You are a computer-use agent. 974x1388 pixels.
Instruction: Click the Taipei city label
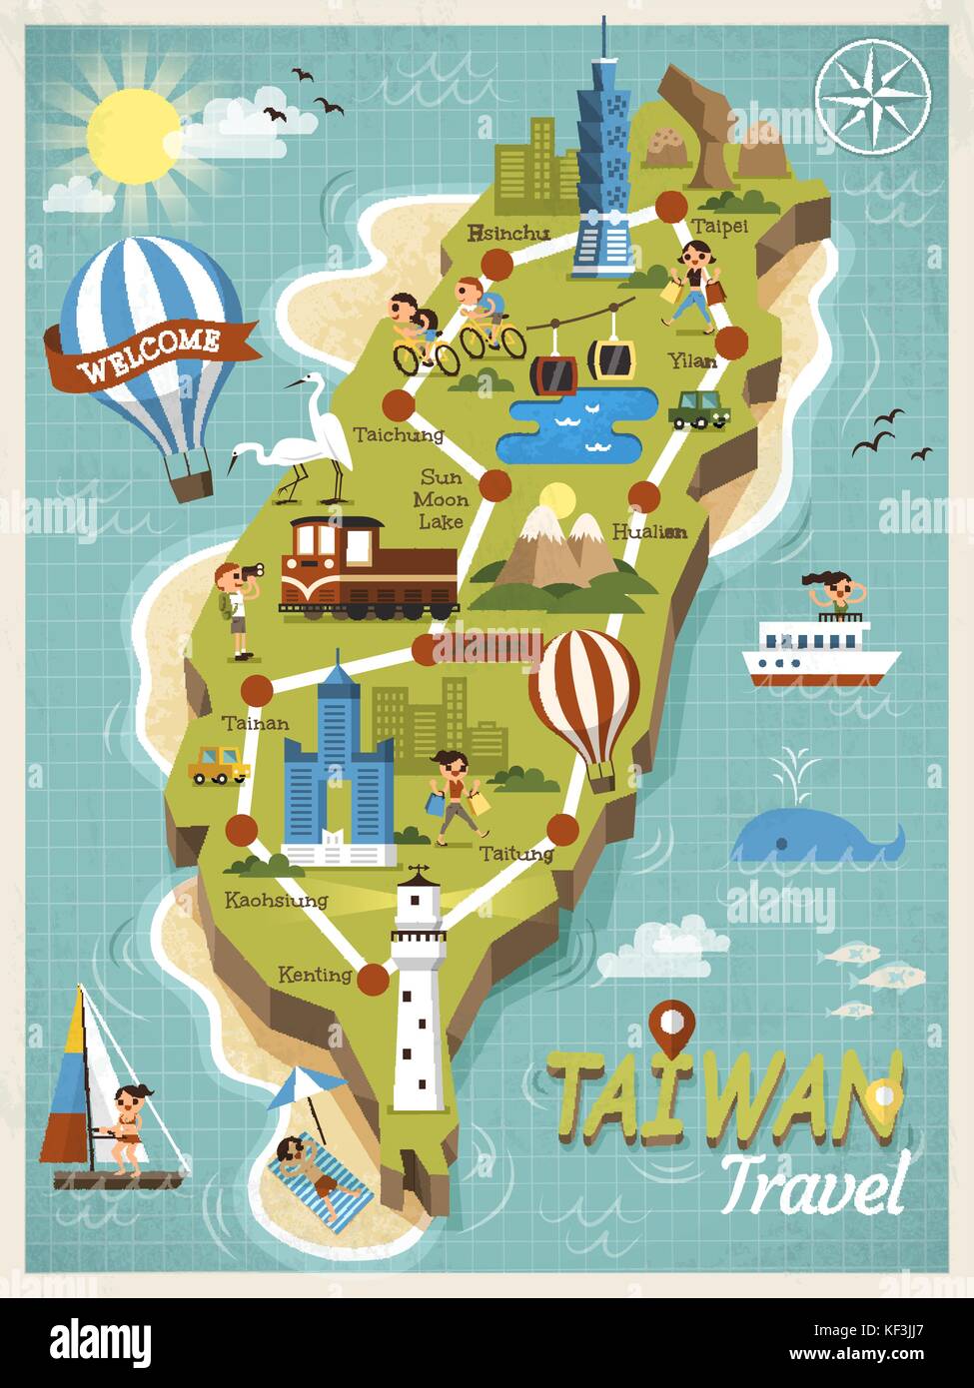(x=719, y=226)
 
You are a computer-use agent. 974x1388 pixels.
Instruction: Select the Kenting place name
(x=316, y=974)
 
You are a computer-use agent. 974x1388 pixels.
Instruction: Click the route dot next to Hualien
(x=644, y=496)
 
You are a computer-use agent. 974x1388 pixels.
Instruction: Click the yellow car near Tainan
(x=220, y=764)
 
